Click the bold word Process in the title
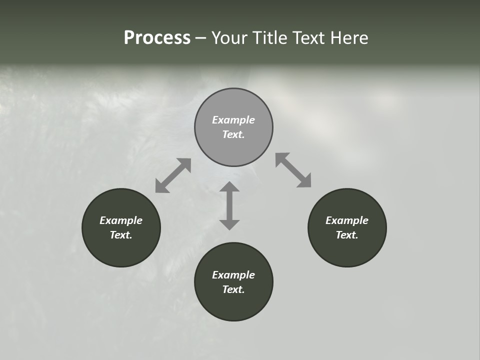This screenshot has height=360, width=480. click(x=157, y=38)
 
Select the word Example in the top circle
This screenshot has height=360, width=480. click(x=233, y=120)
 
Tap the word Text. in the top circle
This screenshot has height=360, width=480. click(x=233, y=134)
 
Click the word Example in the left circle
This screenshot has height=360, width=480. click(x=121, y=220)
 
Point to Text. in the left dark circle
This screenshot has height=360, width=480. click(x=121, y=235)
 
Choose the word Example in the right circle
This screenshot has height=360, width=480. click(x=347, y=220)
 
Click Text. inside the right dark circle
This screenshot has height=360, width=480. click(x=347, y=235)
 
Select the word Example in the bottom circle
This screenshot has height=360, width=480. click(x=233, y=275)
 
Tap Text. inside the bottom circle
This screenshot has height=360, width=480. click(x=233, y=289)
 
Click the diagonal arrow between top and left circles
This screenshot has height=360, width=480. click(x=173, y=175)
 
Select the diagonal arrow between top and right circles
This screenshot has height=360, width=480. click(x=293, y=170)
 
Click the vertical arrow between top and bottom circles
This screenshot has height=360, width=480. click(x=229, y=205)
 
